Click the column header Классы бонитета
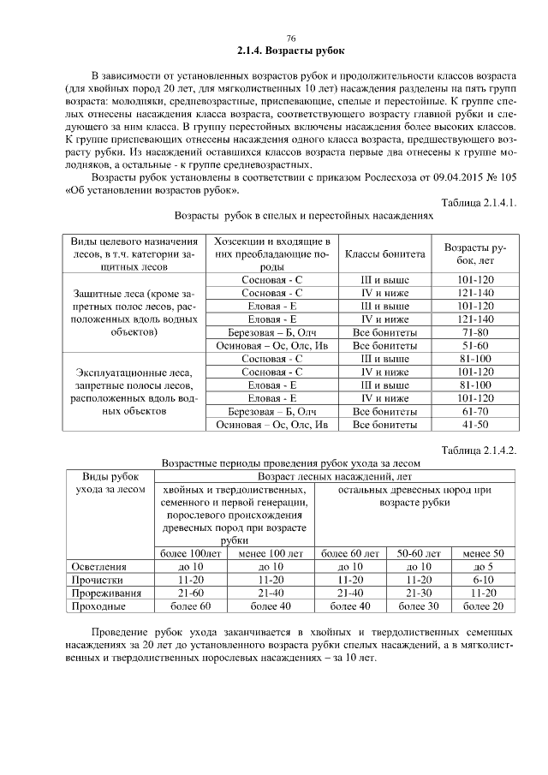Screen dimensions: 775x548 tap(385, 253)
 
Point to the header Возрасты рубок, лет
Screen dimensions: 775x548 tap(475, 253)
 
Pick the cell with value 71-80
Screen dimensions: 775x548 tap(475, 331)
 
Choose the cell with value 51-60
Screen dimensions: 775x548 tap(475, 345)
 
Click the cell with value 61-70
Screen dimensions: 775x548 tap(475, 411)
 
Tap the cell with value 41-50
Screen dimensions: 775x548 tap(475, 424)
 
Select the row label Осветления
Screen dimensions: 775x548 tap(100, 567)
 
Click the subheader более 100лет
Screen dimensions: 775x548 tap(191, 554)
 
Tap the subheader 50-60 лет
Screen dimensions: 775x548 tap(420, 554)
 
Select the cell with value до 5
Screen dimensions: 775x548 tap(484, 567)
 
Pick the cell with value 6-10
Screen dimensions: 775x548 tap(484, 580)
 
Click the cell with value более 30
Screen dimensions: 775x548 tap(420, 606)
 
